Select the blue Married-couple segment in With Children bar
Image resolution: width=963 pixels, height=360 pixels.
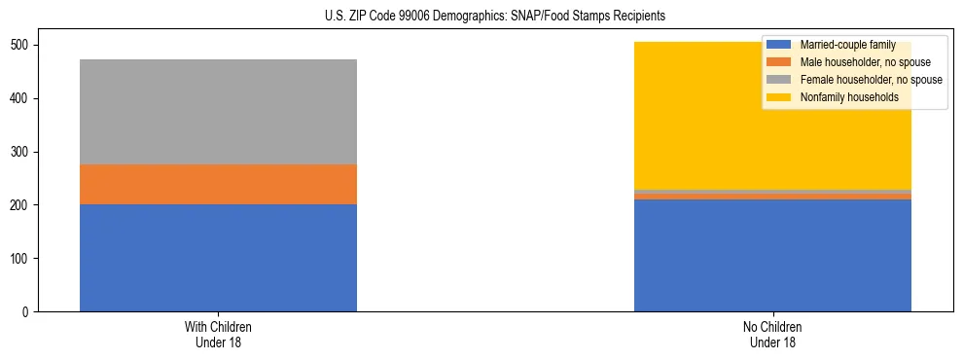tap(218, 258)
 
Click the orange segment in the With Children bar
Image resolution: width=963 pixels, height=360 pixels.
tap(218, 185)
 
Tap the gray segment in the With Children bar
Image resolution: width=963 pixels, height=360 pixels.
tap(218, 112)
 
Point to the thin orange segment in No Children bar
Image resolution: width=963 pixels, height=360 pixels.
tap(772, 197)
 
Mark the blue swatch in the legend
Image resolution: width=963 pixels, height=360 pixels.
tap(779, 45)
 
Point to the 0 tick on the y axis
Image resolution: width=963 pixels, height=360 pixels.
tap(28, 312)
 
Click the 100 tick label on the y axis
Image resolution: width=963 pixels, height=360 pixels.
tap(22, 259)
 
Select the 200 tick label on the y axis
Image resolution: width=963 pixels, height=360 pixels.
tap(22, 205)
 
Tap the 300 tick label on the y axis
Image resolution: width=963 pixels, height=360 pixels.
tap(22, 153)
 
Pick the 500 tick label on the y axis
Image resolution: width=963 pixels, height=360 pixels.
tap(22, 46)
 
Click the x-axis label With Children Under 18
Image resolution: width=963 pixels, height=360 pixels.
tap(218, 335)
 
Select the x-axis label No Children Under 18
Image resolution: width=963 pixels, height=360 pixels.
tap(772, 335)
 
